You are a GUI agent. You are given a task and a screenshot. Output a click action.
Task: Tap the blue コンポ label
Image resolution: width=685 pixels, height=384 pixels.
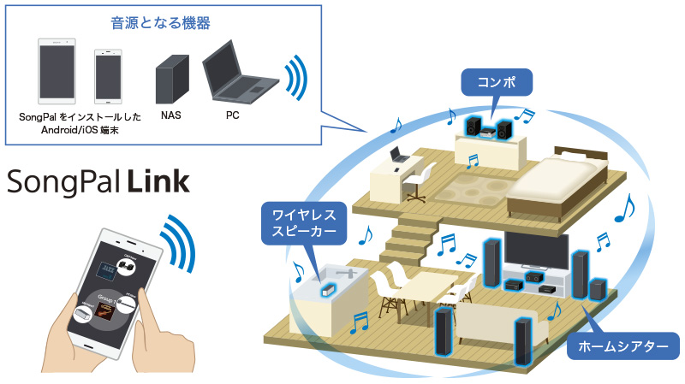coord(497,83)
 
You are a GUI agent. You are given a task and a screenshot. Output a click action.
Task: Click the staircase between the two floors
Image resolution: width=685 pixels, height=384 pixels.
coord(409,236)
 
